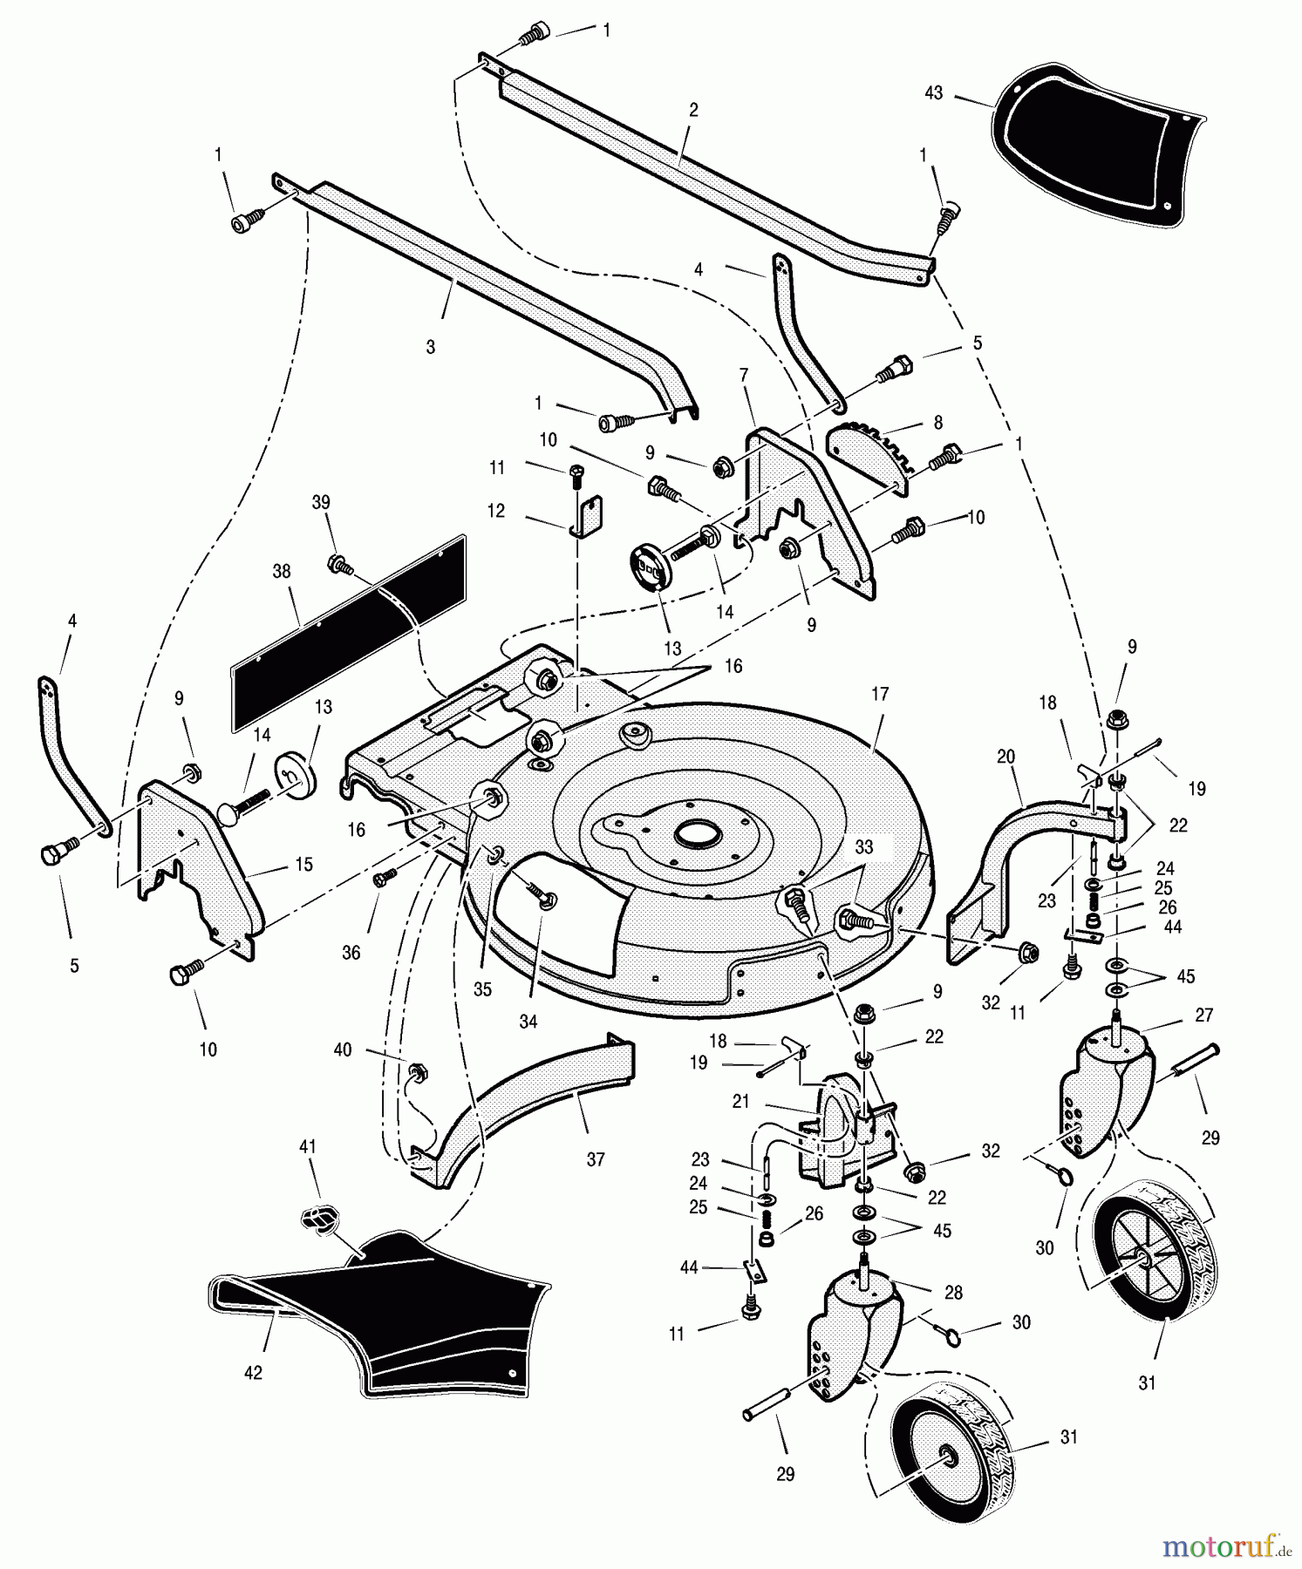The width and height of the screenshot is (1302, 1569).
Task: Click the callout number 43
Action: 933,92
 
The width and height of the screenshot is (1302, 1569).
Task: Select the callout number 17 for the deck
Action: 880,694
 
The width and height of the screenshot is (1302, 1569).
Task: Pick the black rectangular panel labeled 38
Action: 349,632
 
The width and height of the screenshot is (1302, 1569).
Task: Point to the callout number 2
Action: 693,111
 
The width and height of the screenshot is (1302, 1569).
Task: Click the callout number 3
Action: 430,346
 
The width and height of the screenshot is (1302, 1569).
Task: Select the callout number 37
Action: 596,1159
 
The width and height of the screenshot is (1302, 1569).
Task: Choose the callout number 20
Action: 1006,757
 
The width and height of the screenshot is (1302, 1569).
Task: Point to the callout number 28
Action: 954,1294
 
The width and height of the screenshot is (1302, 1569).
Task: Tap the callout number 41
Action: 308,1146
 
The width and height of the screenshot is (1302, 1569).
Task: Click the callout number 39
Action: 322,502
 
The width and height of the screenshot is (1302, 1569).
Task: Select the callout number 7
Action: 743,375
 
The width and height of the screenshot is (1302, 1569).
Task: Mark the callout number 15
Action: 304,864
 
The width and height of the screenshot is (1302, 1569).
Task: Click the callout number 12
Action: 496,511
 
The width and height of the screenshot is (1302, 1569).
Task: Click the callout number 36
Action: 351,953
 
